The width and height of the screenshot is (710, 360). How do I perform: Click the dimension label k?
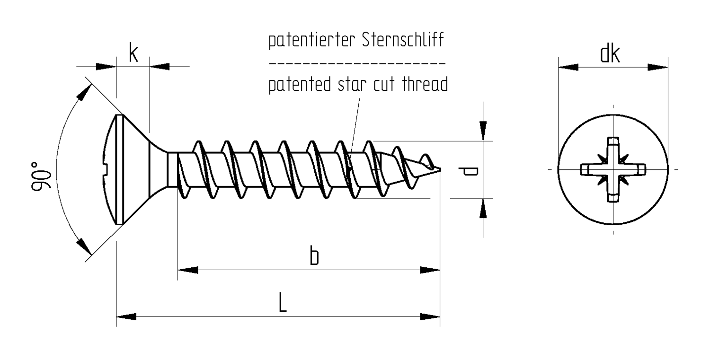click(x=133, y=53)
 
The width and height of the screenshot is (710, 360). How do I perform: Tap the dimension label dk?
click(x=610, y=55)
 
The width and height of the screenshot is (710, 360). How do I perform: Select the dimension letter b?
click(x=313, y=256)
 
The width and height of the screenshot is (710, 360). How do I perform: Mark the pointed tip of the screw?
click(x=441, y=170)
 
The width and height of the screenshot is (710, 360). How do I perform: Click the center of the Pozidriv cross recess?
click(x=613, y=169)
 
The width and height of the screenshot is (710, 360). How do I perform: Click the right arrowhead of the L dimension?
click(x=431, y=316)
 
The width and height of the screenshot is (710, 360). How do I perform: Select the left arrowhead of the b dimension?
click(x=187, y=270)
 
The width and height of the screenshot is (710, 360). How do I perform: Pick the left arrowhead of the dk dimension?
click(x=568, y=67)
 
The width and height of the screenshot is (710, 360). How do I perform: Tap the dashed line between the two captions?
click(x=357, y=63)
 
